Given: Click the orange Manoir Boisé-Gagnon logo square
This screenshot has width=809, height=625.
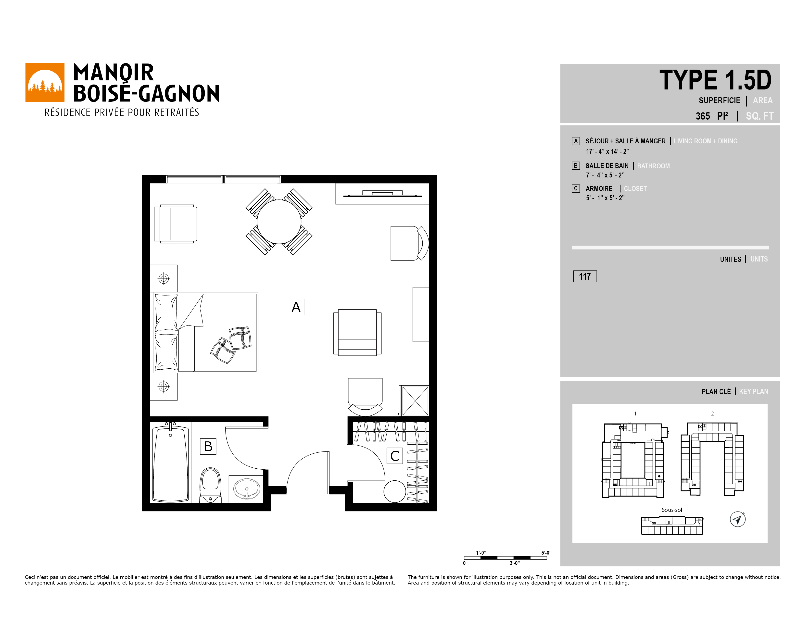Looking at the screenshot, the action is pos(45,82).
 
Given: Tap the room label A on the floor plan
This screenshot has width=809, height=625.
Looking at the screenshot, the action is pos(296,307).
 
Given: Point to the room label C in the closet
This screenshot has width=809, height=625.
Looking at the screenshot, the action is pos(395,456).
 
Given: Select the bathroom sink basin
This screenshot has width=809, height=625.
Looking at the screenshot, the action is pos(247,489).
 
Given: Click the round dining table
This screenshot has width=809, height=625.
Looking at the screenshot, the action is pos(279,222).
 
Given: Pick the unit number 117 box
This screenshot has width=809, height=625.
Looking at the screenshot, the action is pos(585,276).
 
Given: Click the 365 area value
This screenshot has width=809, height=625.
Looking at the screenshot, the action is pos(703,116).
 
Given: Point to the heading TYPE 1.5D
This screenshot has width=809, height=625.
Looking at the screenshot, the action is pos(715,80).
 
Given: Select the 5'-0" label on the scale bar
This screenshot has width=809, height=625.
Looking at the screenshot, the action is pos(546,552).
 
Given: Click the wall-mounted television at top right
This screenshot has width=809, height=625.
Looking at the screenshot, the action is pos(382,194).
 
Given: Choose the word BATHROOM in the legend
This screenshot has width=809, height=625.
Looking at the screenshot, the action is pos(653,166).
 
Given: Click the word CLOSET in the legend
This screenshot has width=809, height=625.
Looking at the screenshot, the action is pos(635,188).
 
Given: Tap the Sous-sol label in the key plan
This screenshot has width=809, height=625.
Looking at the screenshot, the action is pos(672,510).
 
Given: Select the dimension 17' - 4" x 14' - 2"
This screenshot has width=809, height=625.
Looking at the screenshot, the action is pos(607,151).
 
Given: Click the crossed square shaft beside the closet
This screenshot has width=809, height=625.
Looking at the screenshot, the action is pos(415,401).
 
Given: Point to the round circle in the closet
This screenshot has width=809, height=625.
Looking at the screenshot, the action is pos(395,491).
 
